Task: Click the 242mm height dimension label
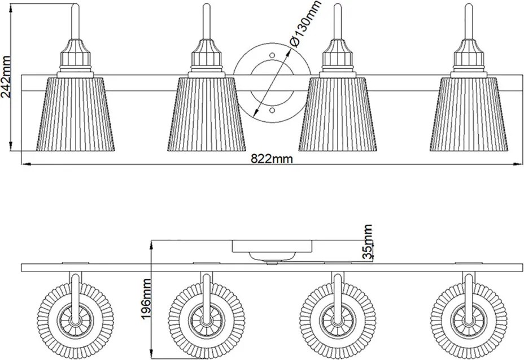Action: point(6,77)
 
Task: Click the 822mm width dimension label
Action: point(272,159)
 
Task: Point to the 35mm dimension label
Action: point(368,242)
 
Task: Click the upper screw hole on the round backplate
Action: point(272,55)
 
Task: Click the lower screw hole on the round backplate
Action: point(272,110)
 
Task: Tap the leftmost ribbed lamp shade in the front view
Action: point(76,114)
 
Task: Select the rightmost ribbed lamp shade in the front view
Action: point(469,114)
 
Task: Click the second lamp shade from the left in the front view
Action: point(207,114)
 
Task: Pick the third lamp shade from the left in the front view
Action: point(338,114)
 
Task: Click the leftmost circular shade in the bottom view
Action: point(76,321)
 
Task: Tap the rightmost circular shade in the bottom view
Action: point(469,321)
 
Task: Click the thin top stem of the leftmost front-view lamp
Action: point(76,21)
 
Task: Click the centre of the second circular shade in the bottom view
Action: point(207,321)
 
